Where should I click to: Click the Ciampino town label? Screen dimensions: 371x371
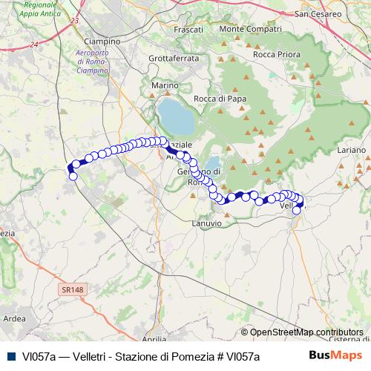[102, 41]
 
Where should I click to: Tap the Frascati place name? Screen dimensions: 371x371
[188, 29]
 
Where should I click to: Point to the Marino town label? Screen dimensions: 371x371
[165, 86]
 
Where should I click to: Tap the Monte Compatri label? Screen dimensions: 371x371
[251, 29]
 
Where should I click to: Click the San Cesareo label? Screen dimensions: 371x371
[318, 14]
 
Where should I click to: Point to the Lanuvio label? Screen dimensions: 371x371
[207, 223]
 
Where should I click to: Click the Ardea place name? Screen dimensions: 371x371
[15, 318]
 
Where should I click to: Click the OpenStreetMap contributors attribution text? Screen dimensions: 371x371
[306, 332]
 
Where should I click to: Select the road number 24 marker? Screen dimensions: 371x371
[35, 45]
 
